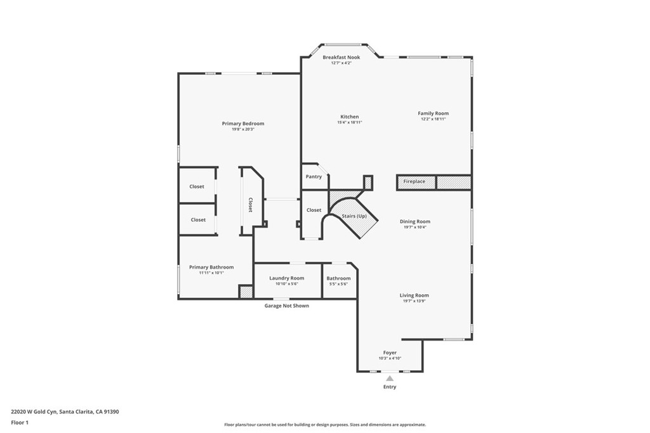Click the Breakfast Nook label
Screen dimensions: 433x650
point(341,58)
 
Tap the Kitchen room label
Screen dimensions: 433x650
point(349,117)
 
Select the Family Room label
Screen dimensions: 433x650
point(433,113)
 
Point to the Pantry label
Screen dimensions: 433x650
point(314,177)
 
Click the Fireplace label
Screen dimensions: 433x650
point(415,182)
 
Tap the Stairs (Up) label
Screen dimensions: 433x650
point(354,216)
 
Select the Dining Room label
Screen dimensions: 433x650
point(415,222)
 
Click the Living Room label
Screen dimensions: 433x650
point(414,295)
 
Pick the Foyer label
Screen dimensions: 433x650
point(390,352)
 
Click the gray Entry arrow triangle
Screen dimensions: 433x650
point(390,378)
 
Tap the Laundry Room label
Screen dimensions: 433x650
point(286,278)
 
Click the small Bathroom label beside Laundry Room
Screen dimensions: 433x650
point(338,278)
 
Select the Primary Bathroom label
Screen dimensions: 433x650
point(211,268)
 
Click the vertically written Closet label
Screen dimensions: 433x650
point(250,205)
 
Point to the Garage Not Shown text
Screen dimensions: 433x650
point(287,306)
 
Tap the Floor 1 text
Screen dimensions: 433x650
point(20,422)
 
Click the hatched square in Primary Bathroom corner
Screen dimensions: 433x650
point(246,292)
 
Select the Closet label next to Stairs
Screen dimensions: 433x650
point(314,210)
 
